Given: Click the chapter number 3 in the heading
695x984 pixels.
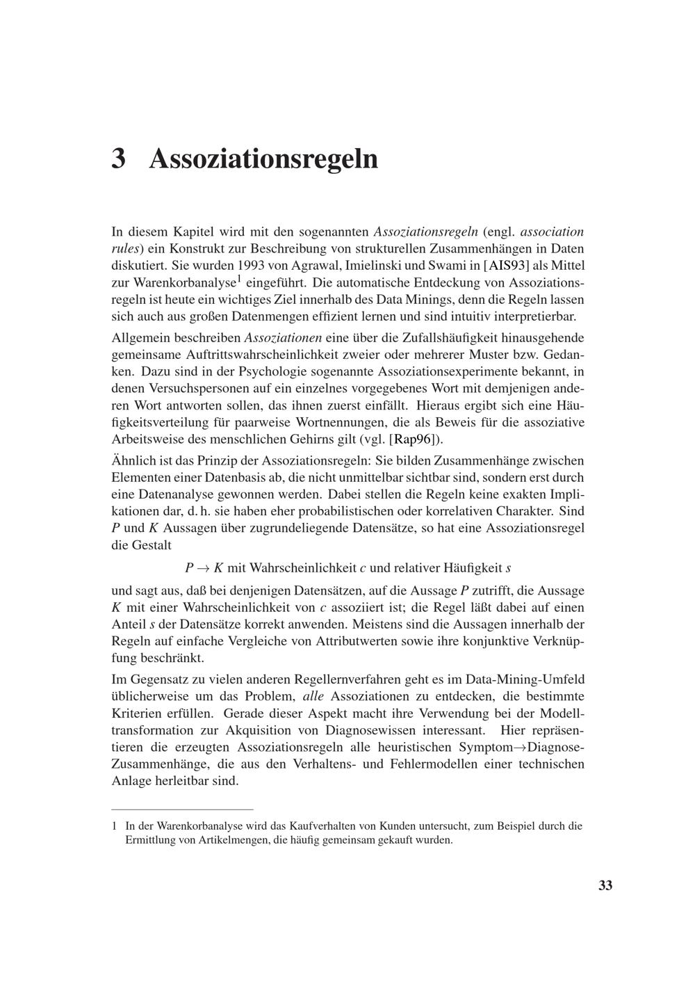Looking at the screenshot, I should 119,159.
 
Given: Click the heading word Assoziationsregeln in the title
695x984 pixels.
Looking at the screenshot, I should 263,159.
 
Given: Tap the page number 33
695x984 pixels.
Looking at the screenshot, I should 605,885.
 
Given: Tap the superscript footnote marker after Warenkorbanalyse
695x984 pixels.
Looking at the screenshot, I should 238,279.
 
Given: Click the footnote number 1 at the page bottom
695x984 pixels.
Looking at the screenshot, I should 115,826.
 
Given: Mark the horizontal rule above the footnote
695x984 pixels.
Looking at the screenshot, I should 182,809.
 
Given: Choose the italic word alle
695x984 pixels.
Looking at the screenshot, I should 315,696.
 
